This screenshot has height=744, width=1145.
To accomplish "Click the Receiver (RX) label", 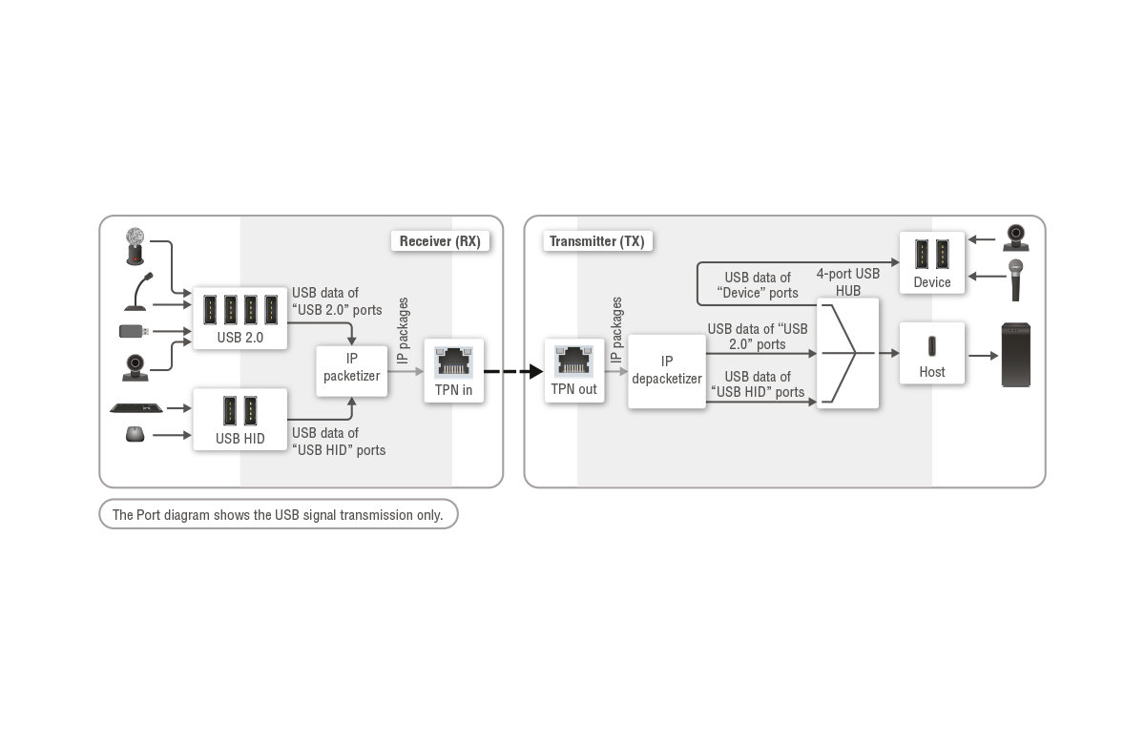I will point(440,241).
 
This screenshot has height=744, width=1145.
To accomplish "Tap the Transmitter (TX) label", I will point(596,241).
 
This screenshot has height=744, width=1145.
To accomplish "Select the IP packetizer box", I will point(351,368).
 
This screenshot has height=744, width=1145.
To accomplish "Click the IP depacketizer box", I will point(666,371).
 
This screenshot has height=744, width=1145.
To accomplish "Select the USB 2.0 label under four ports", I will point(239,337).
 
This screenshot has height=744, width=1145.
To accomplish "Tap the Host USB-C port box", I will point(931,354).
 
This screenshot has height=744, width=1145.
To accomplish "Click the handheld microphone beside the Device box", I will point(1017,279).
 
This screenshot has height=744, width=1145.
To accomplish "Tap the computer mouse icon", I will point(135,435).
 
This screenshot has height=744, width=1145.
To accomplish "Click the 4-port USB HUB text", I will point(847,282).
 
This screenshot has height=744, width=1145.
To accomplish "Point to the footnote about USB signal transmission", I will point(278,515).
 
